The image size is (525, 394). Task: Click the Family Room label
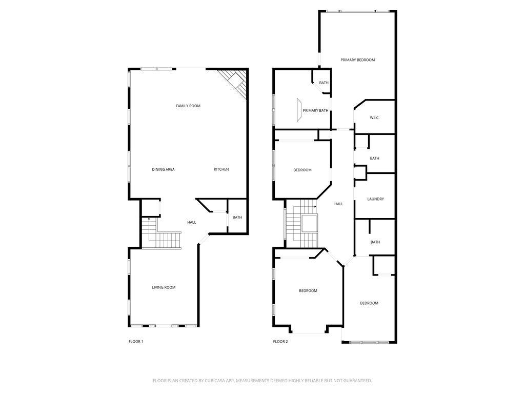coord(188,106)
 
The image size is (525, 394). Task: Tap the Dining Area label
coord(164,169)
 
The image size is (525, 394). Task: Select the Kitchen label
coord(221,169)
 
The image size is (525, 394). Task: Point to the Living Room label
coord(164,287)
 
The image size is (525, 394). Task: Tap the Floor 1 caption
coord(136,342)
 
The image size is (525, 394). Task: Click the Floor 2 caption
coord(280,342)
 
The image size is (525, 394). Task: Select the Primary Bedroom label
coord(357,60)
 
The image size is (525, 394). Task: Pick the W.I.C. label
coord(375,118)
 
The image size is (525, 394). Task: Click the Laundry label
coord(376,199)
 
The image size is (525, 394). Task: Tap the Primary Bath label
coord(316,111)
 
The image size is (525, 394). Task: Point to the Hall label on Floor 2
coord(339,204)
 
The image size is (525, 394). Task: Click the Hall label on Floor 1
coord(192,223)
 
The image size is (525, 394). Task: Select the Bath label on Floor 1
coord(237,218)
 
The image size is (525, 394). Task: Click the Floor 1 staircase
coord(161,234)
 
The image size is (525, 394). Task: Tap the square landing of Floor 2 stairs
coord(309,224)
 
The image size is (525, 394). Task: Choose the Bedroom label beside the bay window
coord(308,291)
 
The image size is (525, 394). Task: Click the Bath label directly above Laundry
coord(375,159)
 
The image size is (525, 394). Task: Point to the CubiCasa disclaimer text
coord(262,381)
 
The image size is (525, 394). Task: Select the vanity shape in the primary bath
coord(299,110)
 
